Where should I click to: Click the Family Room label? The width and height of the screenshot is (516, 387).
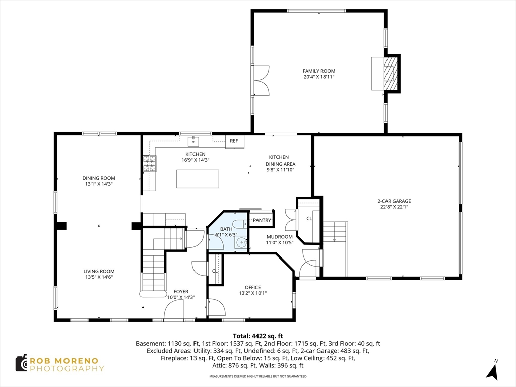pyautogui.click(x=319, y=71)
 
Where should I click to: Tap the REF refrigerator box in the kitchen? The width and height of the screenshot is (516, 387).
pyautogui.click(x=235, y=141)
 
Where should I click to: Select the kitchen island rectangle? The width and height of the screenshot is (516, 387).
pyautogui.click(x=198, y=179)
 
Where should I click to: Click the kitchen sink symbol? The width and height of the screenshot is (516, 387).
pyautogui.click(x=194, y=141)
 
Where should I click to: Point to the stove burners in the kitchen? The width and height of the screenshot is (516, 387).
pyautogui.click(x=149, y=164)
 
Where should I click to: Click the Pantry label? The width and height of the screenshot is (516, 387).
pyautogui.click(x=262, y=220)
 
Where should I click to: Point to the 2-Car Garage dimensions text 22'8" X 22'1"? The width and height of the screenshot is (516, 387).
pyautogui.click(x=394, y=207)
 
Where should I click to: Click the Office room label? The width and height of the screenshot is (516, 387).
pyautogui.click(x=253, y=287)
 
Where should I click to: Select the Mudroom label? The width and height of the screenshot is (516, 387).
pyautogui.click(x=279, y=237)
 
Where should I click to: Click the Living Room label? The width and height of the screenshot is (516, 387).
pyautogui.click(x=99, y=272)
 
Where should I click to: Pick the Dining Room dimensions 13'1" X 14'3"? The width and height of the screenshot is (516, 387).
pyautogui.click(x=99, y=184)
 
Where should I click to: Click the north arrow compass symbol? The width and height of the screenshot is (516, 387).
pyautogui.click(x=492, y=371)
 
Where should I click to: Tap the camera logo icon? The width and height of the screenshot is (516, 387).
pyautogui.click(x=21, y=363)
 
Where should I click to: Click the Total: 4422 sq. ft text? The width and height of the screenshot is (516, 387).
pyautogui.click(x=258, y=336)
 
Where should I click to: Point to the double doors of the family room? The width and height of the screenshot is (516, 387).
pyautogui.click(x=261, y=81)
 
